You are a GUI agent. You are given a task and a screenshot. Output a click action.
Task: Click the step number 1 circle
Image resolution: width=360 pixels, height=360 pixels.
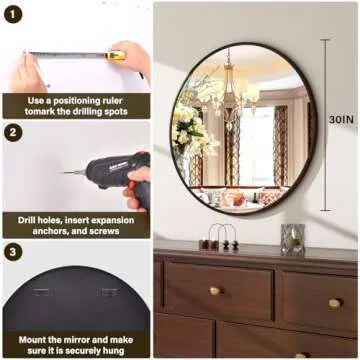[14, 14]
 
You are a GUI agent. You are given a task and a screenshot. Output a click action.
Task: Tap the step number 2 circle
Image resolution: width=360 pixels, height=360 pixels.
[14, 133]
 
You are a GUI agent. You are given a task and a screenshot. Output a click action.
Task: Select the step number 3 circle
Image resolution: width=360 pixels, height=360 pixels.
[14, 252]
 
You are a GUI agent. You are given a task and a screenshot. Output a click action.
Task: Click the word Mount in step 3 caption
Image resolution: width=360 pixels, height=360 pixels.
[34, 338]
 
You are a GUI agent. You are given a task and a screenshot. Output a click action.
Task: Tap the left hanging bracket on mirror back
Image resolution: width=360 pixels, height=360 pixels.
[43, 293]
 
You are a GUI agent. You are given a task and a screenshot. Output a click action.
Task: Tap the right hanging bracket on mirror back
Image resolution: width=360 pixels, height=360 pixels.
[108, 293]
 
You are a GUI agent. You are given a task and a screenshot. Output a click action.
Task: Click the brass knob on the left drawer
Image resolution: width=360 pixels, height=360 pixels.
[214, 291]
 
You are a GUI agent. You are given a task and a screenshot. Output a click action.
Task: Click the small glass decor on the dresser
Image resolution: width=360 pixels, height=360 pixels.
[293, 238]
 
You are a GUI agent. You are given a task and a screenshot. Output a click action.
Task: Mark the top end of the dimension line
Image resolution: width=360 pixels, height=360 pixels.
[325, 40]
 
